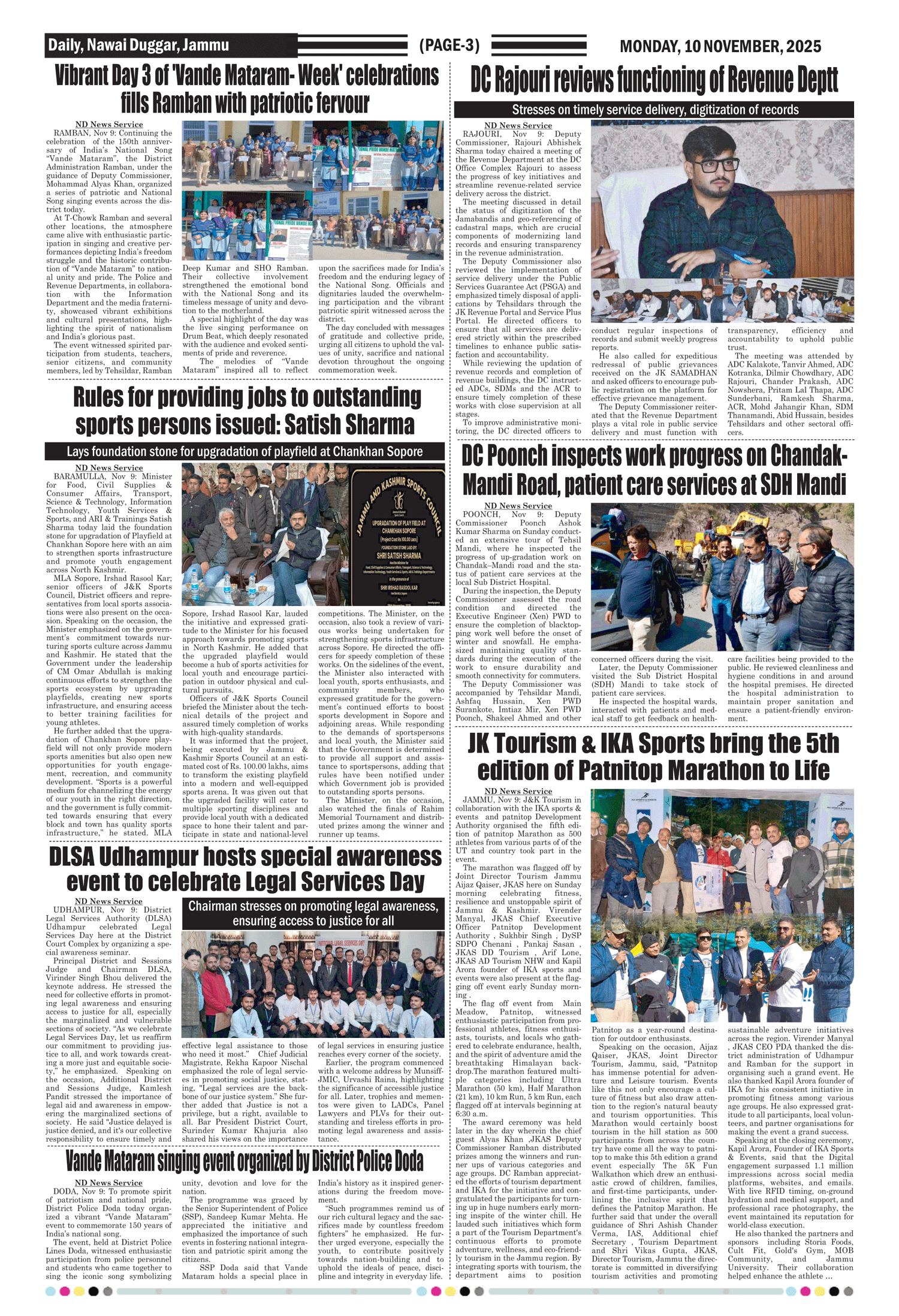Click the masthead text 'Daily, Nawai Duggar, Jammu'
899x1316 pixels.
coord(138,46)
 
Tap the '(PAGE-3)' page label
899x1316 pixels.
coord(450,46)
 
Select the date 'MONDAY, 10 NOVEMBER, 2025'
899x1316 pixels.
coord(720,46)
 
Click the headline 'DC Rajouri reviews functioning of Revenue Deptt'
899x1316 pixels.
coord(654,80)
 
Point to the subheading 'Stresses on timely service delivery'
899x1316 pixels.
coord(654,110)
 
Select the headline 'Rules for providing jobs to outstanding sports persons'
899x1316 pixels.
coord(246,411)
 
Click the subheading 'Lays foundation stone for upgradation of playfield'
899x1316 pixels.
coord(245,451)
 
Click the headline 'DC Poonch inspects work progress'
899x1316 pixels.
coord(654,470)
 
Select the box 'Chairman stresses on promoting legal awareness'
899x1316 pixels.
coord(313,913)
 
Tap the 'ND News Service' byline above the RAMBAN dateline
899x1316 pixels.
coord(109,125)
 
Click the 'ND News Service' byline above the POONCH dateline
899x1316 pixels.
coord(518,506)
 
